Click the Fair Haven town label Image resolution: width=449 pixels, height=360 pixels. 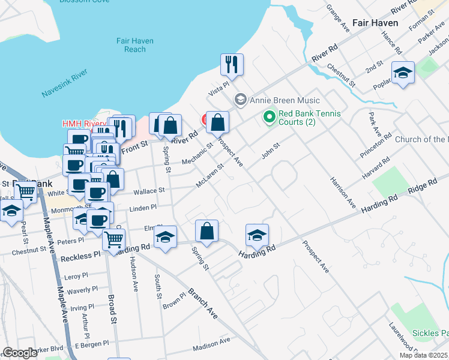(x=375, y=23)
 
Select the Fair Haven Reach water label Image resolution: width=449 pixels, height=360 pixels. (x=135, y=45)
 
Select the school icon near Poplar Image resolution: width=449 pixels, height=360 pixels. (x=403, y=73)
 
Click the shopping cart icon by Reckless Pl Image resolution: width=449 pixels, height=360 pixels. (x=113, y=239)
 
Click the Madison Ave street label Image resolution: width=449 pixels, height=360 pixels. (x=211, y=344)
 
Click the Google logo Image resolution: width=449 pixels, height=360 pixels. (x=20, y=353)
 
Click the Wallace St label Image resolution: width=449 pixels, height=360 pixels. (x=149, y=190)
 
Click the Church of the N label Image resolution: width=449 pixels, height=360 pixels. (x=421, y=140)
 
